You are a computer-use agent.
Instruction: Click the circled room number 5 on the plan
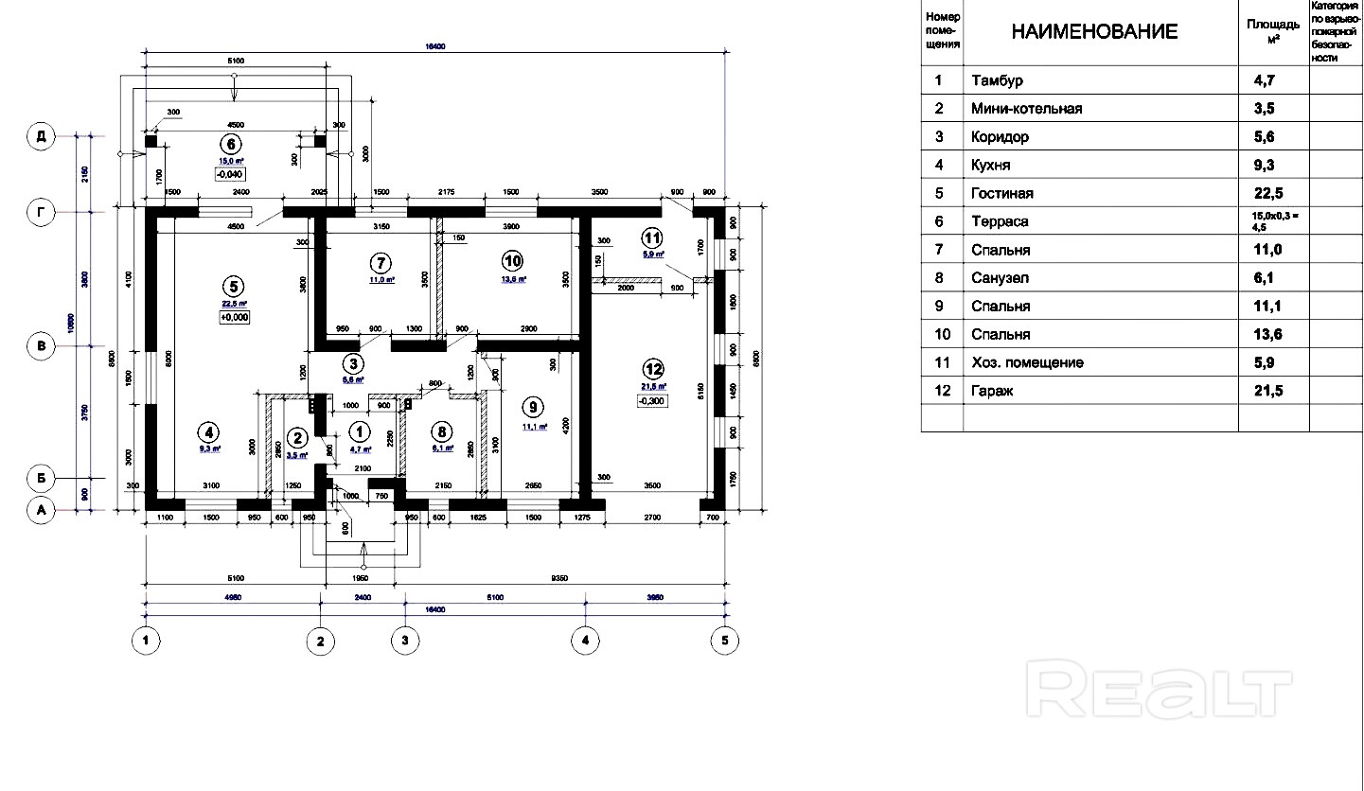(231, 285)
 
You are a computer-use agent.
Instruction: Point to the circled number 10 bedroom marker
(512, 260)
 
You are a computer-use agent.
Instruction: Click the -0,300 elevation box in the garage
(653, 401)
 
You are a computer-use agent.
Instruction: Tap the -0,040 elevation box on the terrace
(230, 174)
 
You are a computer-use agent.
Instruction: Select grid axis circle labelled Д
(41, 136)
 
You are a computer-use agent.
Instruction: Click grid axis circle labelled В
(41, 347)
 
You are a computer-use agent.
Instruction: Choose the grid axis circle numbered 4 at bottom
(585, 641)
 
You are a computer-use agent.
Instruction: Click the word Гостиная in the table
(1001, 194)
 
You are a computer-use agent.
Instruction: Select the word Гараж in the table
(992, 391)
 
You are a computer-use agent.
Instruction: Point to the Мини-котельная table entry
(1026, 109)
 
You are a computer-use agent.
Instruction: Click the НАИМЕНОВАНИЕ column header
(1094, 32)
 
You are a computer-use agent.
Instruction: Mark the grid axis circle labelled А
(41, 511)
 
